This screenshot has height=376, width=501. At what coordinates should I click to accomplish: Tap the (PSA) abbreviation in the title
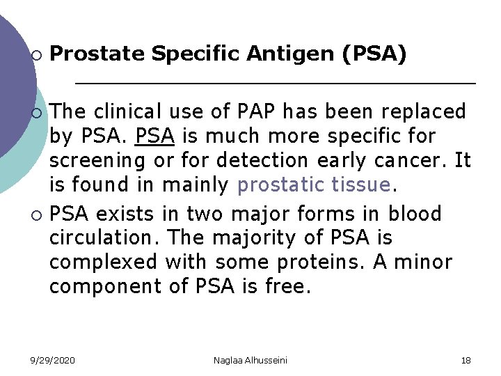pyautogui.click(x=374, y=54)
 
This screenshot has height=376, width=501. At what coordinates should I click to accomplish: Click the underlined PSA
pyautogui.click(x=155, y=136)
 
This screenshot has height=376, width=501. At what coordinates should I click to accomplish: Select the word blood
pyautogui.click(x=415, y=213)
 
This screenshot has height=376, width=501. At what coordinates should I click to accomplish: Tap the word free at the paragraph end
pyautogui.click(x=285, y=287)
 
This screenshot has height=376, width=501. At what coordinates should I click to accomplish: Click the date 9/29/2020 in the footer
pyautogui.click(x=53, y=360)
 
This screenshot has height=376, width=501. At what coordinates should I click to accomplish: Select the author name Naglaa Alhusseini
pyautogui.click(x=250, y=360)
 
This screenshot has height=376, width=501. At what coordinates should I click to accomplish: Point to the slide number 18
pyautogui.click(x=466, y=360)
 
